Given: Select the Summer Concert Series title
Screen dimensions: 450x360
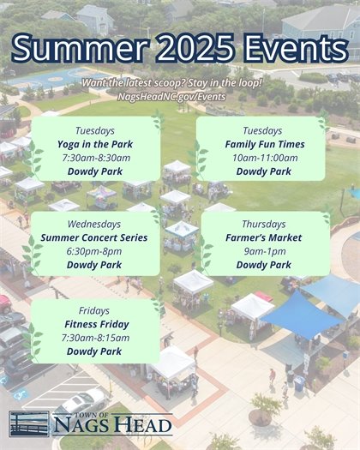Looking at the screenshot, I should point(94,237).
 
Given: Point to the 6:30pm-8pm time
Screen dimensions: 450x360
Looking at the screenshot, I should point(94,251).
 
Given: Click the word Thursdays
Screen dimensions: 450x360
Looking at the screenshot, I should point(263,225).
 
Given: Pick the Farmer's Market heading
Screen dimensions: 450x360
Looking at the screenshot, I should point(263,237).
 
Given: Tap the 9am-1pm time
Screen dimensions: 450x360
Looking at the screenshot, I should point(263,251).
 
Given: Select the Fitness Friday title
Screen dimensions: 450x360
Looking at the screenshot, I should point(93,324).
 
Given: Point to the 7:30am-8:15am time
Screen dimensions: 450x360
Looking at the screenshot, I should point(93,338).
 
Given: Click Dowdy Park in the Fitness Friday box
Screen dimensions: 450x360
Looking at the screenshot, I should point(93,351).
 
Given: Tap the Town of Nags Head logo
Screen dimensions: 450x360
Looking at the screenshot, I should point(90,423).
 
